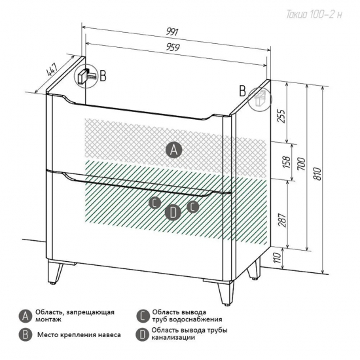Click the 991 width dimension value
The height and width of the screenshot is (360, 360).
pyautogui.click(x=172, y=31)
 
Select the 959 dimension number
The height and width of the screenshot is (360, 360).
pyautogui.click(x=173, y=47)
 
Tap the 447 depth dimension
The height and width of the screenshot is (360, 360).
pyautogui.click(x=52, y=69)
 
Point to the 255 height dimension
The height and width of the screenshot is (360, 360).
pyautogui.click(x=282, y=116)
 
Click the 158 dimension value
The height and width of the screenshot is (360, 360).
pyautogui.click(x=287, y=162)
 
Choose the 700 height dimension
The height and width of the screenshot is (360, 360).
pyautogui.click(x=302, y=164)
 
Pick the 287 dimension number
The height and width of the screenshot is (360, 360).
pyautogui.click(x=282, y=220)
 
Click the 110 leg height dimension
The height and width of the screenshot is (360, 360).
pyautogui.click(x=278, y=258)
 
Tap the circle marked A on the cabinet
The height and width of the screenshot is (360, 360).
pyautogui.click(x=174, y=150)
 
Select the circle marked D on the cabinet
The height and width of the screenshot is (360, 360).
pyautogui.click(x=173, y=212)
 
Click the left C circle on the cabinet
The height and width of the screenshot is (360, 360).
pyautogui.click(x=155, y=203)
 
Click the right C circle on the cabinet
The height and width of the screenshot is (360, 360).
pyautogui.click(x=193, y=207)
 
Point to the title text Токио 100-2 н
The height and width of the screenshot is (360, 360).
pyautogui.click(x=314, y=14)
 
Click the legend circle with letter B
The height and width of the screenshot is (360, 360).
pyautogui.click(x=26, y=335)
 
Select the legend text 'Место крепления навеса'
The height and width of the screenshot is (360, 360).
pyautogui.click(x=79, y=334)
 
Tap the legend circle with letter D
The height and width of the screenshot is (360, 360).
pyautogui.click(x=142, y=334)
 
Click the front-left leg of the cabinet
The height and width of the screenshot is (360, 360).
pyautogui.click(x=55, y=272)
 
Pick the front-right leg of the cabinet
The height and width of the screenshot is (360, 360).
pyautogui.click(x=226, y=293)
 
